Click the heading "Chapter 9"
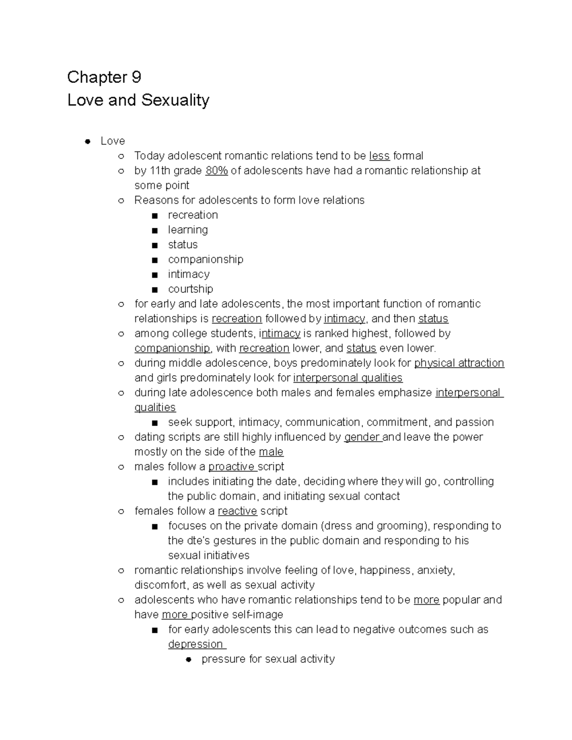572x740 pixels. tap(104, 77)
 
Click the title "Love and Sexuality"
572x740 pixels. tap(138, 100)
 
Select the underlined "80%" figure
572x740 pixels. tap(216, 171)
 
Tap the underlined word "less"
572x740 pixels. tap(379, 156)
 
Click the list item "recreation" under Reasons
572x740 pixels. tap(193, 215)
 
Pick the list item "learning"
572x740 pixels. tap(188, 230)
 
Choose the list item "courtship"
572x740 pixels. tap(190, 289)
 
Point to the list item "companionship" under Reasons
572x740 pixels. tap(205, 259)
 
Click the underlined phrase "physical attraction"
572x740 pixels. tap(459, 363)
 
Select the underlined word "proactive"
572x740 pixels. tap(231, 466)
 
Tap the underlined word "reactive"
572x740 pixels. tap(237, 511)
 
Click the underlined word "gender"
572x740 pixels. tap(362, 437)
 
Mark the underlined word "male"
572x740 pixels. tap(271, 452)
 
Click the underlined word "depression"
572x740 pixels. tap(196, 644)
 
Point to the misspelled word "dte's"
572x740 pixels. tap(189, 540)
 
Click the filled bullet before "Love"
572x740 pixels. tap(87, 141)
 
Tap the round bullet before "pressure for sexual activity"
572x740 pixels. tap(188, 659)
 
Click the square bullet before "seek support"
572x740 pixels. tap(154, 423)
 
